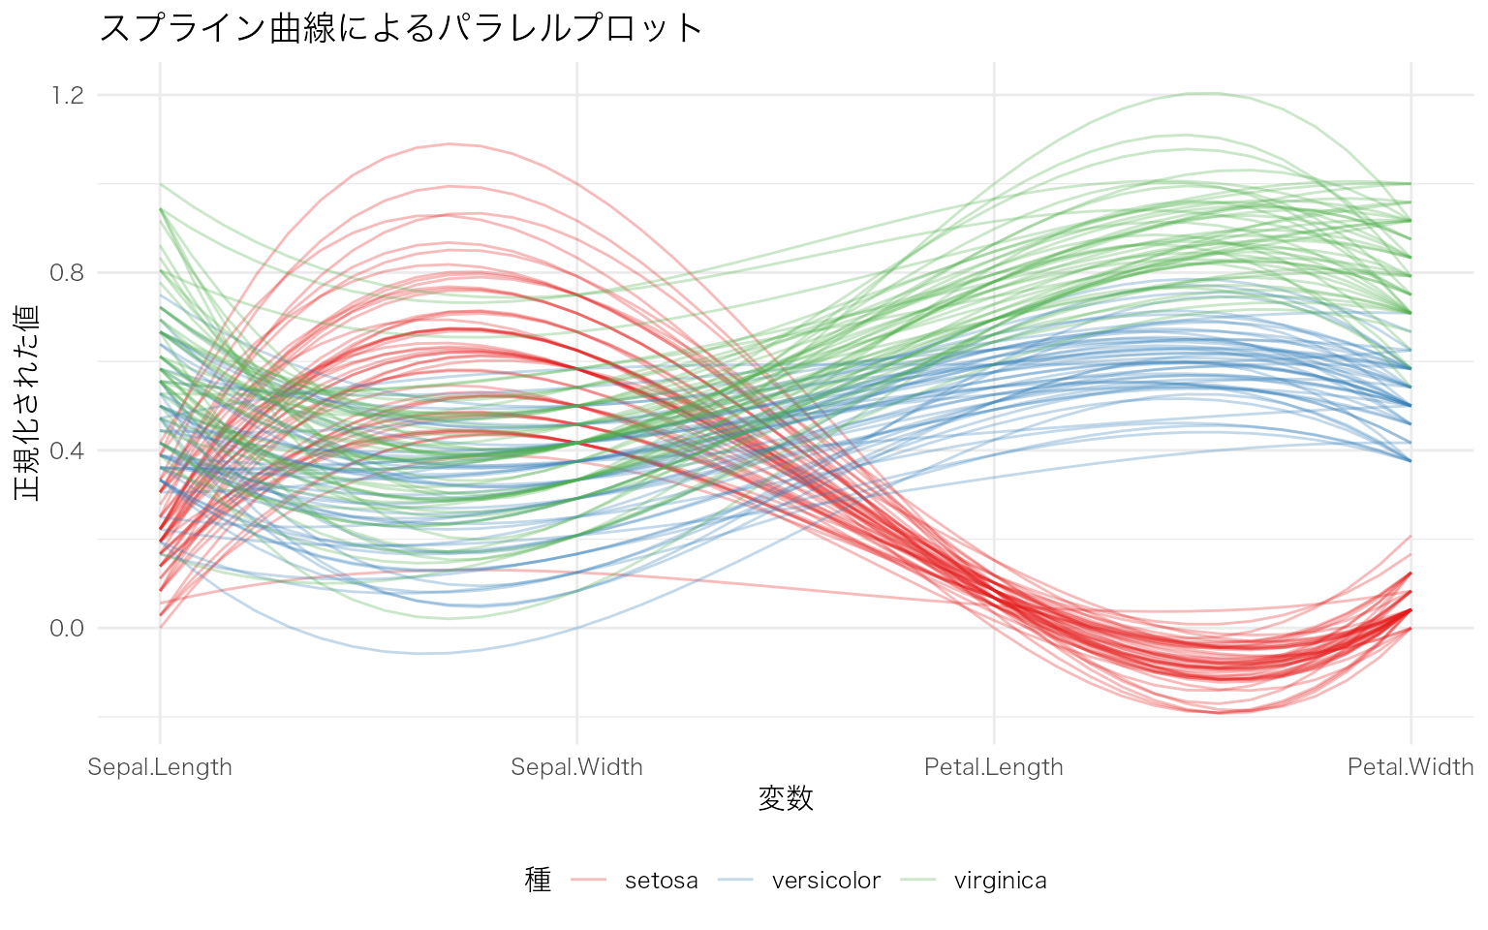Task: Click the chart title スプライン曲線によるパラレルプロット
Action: [x=400, y=28]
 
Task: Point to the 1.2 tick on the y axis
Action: [x=67, y=95]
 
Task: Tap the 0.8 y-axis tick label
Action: [x=67, y=272]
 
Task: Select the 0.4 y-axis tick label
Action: [x=67, y=450]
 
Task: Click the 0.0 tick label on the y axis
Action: [x=67, y=628]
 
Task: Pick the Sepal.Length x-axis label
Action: [x=160, y=767]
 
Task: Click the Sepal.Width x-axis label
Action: [x=576, y=767]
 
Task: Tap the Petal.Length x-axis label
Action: [x=994, y=767]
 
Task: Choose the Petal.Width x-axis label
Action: [x=1410, y=767]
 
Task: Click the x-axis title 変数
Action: [x=786, y=799]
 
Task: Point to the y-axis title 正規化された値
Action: [x=27, y=402]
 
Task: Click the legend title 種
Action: [x=538, y=880]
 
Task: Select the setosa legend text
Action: [x=661, y=881]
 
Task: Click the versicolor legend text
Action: [x=825, y=881]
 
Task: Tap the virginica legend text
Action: [x=1000, y=881]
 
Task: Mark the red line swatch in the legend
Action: [x=589, y=880]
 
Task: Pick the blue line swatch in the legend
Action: [x=735, y=880]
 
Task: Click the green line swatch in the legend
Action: [x=918, y=880]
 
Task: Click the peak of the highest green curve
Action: [x=1204, y=93]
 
